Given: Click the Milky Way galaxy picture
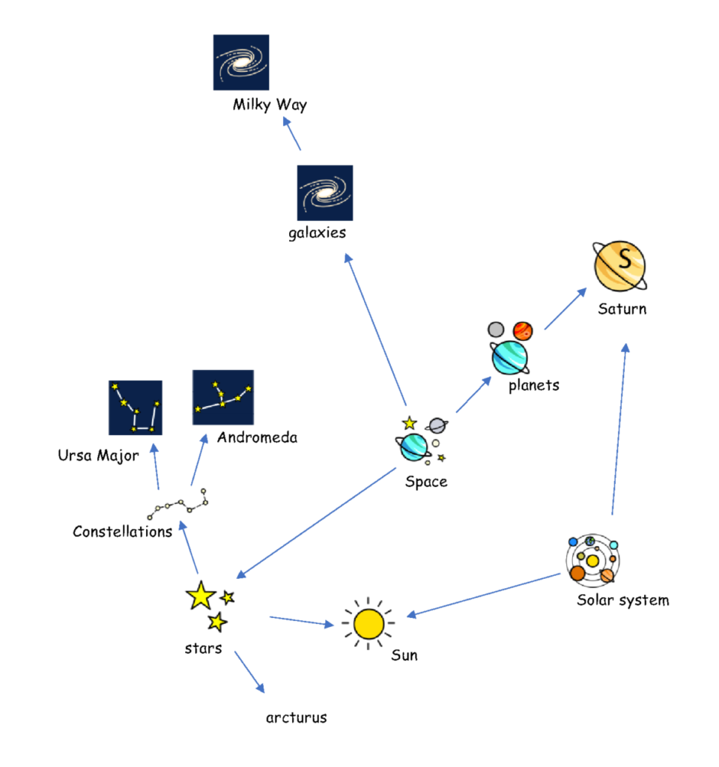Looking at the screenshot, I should pos(240,62).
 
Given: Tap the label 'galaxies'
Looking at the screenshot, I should pos(317,232).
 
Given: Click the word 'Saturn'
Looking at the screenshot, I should pos(622,309).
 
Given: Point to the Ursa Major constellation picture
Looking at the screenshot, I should pos(135,407).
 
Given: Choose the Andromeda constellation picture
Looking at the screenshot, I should pos(222,397).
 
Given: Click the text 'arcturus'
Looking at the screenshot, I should pos(297,718).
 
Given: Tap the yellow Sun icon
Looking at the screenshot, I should pos(368,623).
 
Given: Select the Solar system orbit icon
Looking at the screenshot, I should pos(592,560).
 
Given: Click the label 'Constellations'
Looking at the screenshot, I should pos(122,532).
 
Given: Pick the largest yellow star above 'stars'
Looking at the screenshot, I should pos(201,595).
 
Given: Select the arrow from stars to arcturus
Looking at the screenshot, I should pos(249,672).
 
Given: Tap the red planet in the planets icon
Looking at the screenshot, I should pos(522,330).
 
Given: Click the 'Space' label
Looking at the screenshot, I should pos(426,482).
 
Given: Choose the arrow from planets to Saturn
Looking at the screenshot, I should pos(565,309).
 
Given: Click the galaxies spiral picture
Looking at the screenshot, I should pos(325,192).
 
